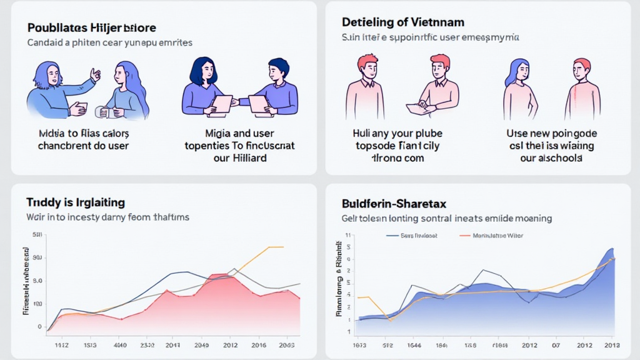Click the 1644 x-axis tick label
[413, 345]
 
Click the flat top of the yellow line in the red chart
[276, 247]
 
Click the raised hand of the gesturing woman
[95, 74]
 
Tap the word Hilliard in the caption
[249, 157]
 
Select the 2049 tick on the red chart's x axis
[201, 345]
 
